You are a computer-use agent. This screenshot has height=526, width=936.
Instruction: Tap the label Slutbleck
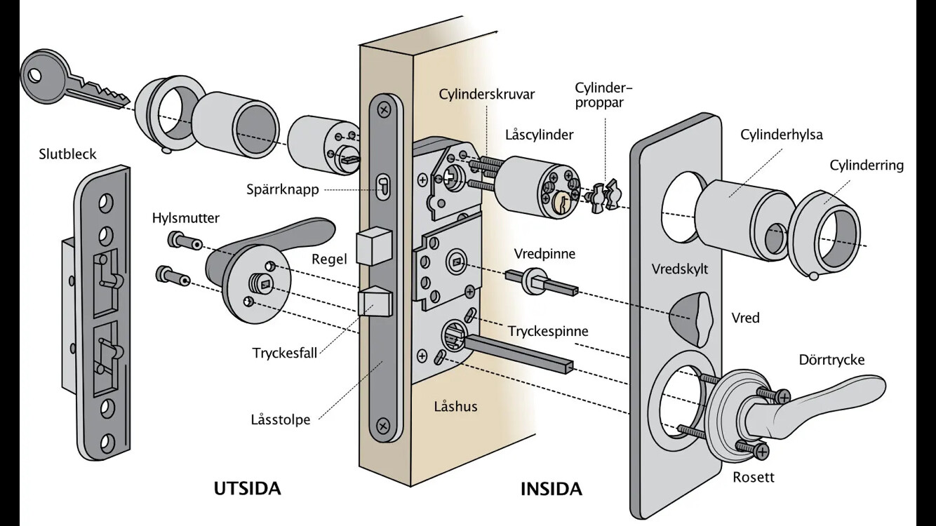[67, 154]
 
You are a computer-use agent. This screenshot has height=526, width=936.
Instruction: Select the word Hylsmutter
[186, 218]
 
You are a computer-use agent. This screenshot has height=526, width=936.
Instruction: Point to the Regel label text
[330, 259]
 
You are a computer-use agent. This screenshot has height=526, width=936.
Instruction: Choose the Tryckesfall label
[285, 352]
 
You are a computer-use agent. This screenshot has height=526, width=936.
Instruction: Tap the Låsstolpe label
[280, 420]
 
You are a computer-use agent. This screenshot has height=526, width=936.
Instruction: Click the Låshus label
[455, 406]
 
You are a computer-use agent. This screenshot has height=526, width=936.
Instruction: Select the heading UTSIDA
[247, 488]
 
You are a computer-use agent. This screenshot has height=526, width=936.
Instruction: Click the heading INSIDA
[551, 489]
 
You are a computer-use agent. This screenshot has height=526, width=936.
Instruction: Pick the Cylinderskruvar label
[487, 94]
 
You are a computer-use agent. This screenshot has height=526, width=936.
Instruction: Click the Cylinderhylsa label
[782, 135]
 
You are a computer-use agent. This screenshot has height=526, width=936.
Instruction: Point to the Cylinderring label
[867, 166]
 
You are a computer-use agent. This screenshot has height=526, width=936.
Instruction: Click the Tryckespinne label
[549, 330]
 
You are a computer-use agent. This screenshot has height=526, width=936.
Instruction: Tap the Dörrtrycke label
[831, 360]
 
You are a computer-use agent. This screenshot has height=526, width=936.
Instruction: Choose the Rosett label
[754, 477]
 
